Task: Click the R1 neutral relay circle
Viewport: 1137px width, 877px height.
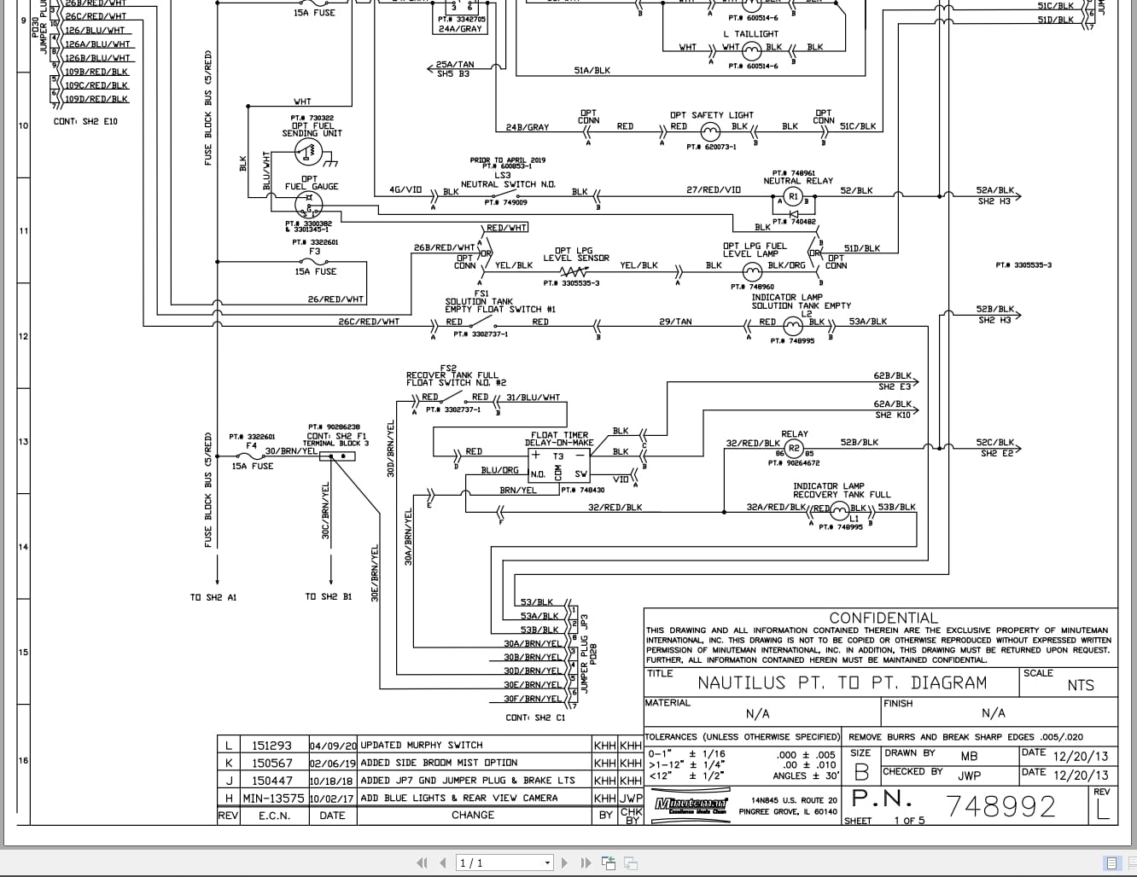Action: point(793,197)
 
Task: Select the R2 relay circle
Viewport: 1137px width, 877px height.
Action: point(794,449)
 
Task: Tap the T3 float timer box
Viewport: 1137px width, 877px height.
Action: point(559,466)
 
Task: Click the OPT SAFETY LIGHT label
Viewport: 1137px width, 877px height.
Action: point(711,115)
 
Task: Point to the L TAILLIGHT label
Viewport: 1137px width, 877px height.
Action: point(750,34)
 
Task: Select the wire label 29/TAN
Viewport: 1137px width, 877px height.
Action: point(675,322)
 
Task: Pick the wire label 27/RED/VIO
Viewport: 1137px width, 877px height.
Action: point(714,190)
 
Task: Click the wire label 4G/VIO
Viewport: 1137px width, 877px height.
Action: point(405,189)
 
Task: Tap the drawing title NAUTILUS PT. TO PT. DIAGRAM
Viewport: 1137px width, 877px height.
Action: point(842,683)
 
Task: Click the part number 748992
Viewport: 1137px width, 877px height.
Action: point(1000,806)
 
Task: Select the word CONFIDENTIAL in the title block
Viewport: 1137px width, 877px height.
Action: point(883,618)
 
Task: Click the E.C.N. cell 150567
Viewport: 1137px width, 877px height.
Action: point(271,763)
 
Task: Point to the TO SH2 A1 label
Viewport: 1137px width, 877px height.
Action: point(213,597)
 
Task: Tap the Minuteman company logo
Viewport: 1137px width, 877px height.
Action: point(691,804)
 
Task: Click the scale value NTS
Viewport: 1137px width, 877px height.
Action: point(1080,685)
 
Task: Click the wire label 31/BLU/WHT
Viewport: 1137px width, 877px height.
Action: point(534,398)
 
